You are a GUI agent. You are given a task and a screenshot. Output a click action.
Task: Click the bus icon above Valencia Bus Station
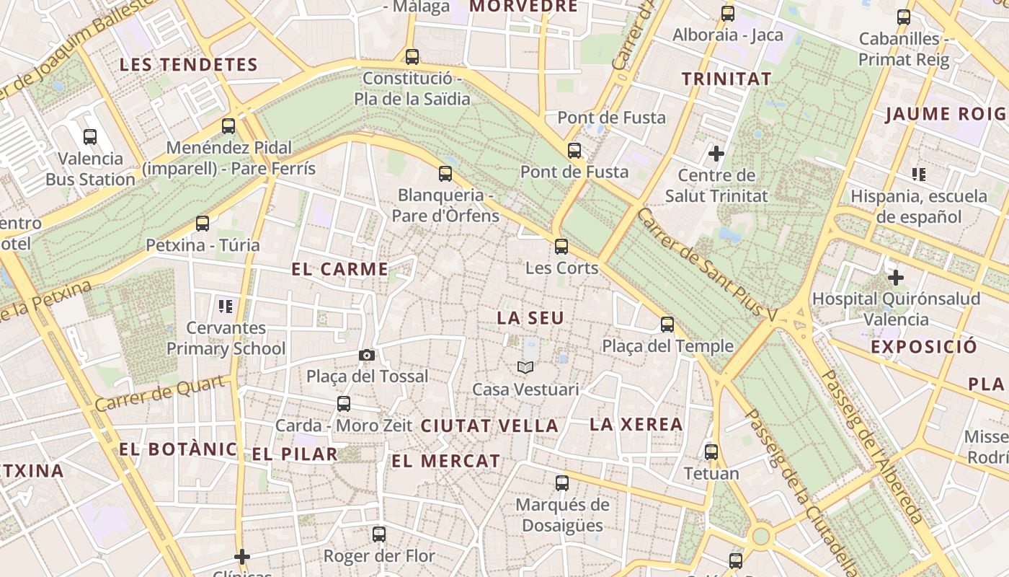click(x=90, y=136)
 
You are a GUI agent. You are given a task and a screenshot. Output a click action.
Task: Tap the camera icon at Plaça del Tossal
click(x=367, y=355)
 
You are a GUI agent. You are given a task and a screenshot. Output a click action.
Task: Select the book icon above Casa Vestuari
click(x=525, y=368)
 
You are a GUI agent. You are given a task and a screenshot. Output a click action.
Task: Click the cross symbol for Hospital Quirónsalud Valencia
click(x=895, y=278)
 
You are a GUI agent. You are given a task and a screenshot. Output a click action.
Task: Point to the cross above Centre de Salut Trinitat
click(x=716, y=153)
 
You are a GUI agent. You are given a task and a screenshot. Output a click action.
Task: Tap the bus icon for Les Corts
click(x=561, y=247)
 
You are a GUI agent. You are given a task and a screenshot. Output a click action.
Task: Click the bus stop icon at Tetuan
click(x=711, y=452)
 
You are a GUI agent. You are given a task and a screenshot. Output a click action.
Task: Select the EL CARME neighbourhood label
click(x=339, y=270)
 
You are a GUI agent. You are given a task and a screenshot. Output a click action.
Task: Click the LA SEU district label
click(x=530, y=318)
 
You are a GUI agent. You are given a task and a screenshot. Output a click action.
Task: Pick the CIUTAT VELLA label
click(x=489, y=426)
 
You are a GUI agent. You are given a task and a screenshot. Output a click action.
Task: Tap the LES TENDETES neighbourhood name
click(x=188, y=65)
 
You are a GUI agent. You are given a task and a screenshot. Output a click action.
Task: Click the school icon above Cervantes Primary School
click(x=226, y=307)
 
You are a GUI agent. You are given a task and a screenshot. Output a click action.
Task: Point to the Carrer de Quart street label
click(x=159, y=394)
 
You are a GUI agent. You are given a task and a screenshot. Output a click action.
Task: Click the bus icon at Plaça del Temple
click(x=667, y=325)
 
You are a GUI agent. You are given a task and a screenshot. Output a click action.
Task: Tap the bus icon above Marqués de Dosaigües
click(x=562, y=483)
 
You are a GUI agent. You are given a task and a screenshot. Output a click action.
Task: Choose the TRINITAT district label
click(x=726, y=79)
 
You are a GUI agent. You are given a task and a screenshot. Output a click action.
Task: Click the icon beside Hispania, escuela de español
click(x=918, y=174)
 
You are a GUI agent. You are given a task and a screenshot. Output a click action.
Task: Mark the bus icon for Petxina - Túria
click(x=203, y=224)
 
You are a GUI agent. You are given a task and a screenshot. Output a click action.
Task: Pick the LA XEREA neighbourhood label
click(x=636, y=425)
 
